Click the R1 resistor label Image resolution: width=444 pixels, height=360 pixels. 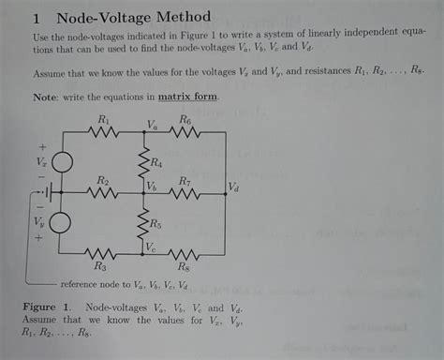click(x=104, y=120)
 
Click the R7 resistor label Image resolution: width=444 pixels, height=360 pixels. click(x=185, y=180)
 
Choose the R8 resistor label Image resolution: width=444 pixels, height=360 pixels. click(x=185, y=267)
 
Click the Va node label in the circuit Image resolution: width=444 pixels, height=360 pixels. click(x=153, y=125)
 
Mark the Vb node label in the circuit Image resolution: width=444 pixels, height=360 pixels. click(x=152, y=187)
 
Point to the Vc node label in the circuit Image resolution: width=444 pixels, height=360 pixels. click(x=152, y=246)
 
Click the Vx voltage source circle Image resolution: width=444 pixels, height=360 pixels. click(x=61, y=163)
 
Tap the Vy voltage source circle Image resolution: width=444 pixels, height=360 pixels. click(x=61, y=223)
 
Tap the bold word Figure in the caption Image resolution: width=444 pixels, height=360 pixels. click(x=42, y=307)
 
